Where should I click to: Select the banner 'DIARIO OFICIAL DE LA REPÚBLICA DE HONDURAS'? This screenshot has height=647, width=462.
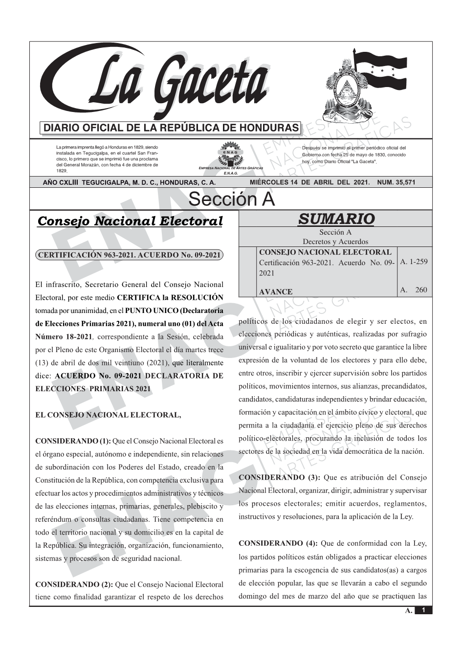(171, 128)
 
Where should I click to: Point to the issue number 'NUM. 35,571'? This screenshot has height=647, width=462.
(396, 182)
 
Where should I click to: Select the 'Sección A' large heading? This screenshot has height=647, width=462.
(231, 199)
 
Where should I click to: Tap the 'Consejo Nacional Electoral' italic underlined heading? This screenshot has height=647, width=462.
(130, 221)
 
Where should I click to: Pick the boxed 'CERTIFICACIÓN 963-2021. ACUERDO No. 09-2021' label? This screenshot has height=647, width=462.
(130, 255)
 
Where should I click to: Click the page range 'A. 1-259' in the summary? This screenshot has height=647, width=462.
(414, 262)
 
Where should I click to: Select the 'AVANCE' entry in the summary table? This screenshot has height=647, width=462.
(276, 292)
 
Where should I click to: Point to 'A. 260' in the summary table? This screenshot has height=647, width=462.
(414, 290)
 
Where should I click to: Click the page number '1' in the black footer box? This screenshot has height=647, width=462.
(423, 610)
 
